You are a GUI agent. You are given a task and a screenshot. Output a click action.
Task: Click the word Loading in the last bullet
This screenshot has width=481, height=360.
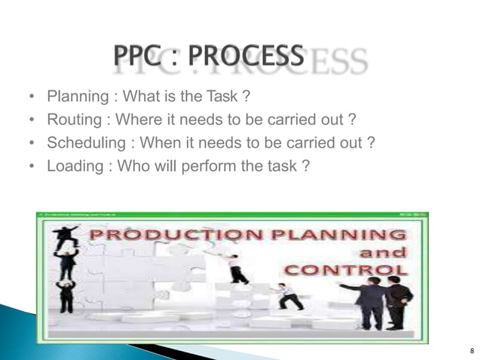pyautogui.click(x=74, y=164)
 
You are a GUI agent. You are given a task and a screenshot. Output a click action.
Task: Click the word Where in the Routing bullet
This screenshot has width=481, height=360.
pyautogui.click(x=137, y=119)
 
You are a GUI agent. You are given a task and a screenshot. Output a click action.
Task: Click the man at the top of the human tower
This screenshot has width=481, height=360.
pyautogui.click(x=66, y=236)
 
